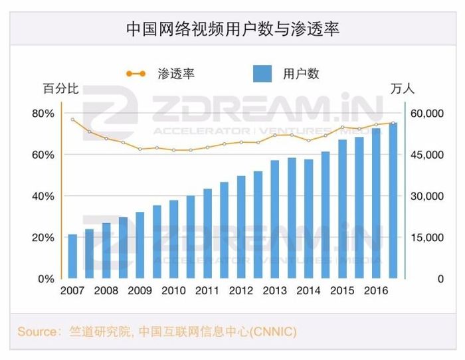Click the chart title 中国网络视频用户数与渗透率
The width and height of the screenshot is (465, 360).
coord(232,29)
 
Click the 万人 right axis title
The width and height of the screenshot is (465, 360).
coord(403,88)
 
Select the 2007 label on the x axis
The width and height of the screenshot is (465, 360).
coord(72,292)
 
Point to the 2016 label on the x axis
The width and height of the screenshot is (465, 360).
coord(376,292)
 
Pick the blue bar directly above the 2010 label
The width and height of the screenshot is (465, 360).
coord(173,239)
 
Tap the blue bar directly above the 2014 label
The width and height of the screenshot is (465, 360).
coord(309,219)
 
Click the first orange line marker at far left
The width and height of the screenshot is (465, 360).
coord(72,120)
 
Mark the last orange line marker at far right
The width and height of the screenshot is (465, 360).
coord(393,123)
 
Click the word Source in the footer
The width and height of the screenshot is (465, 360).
coord(37,331)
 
